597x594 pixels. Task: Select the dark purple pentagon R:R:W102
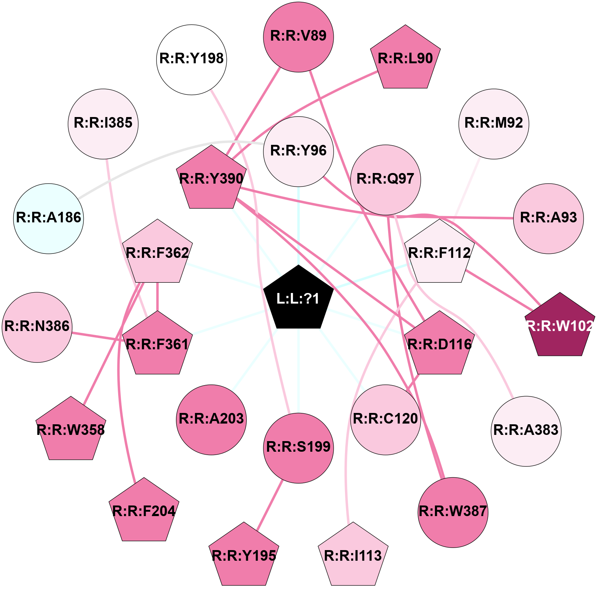[560, 326]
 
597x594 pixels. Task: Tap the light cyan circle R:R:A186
[49, 218]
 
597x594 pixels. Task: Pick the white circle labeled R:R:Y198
[192, 59]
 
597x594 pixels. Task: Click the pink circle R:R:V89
[298, 37]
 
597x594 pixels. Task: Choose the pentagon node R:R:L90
[405, 59]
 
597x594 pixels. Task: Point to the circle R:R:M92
[494, 124]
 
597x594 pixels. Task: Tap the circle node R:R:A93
[548, 218]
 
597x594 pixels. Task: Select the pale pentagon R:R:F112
[439, 253]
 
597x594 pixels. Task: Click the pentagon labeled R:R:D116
[439, 345]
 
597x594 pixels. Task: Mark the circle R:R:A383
[526, 431]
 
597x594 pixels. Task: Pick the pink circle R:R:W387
[453, 512]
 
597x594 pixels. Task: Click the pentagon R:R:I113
[353, 556]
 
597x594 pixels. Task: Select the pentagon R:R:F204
[144, 511]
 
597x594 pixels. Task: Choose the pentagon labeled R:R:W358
[71, 430]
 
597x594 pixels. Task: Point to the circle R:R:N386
[37, 327]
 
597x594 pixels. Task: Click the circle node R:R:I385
[103, 124]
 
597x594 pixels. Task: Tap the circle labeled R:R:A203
[211, 420]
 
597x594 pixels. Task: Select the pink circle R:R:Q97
[386, 180]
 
